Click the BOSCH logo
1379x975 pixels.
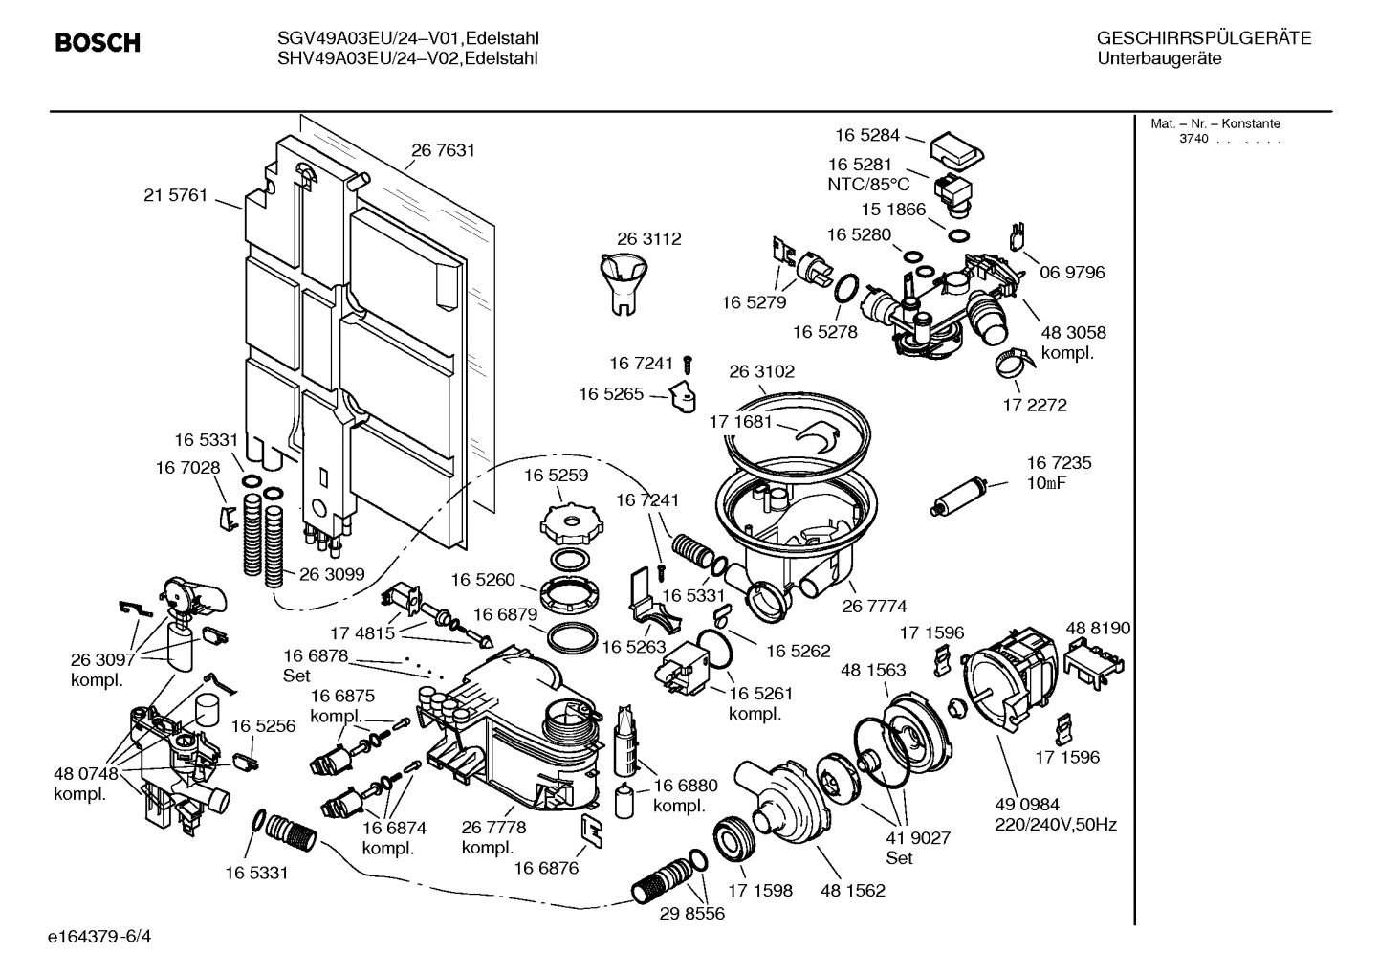(x=98, y=43)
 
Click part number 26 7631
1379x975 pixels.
(x=443, y=150)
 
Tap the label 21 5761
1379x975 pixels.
(x=175, y=195)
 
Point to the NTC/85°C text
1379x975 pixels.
(x=868, y=185)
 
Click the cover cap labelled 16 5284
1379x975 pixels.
(x=955, y=148)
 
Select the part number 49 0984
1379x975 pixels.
(x=1027, y=805)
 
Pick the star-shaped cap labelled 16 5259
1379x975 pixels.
(x=574, y=523)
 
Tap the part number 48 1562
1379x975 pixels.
(x=852, y=891)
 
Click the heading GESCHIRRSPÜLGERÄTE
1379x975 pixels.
(x=1203, y=38)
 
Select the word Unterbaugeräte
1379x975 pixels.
(x=1159, y=58)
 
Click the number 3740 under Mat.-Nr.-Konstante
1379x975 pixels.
(x=1193, y=139)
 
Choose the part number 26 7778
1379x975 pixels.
(x=493, y=828)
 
